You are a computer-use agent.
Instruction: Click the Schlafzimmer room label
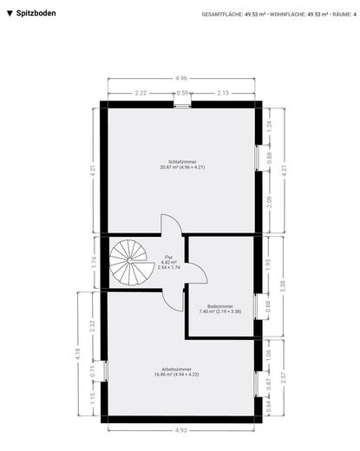182,164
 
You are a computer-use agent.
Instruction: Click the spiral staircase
130,263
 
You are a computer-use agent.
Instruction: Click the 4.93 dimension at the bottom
180,429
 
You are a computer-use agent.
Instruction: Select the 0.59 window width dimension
182,92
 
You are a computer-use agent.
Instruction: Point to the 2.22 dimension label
140,92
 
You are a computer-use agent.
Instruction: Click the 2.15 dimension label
223,92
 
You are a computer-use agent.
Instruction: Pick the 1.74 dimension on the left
95,262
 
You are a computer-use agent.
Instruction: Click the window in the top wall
182,104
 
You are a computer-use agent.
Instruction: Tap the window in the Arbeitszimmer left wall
103,371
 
